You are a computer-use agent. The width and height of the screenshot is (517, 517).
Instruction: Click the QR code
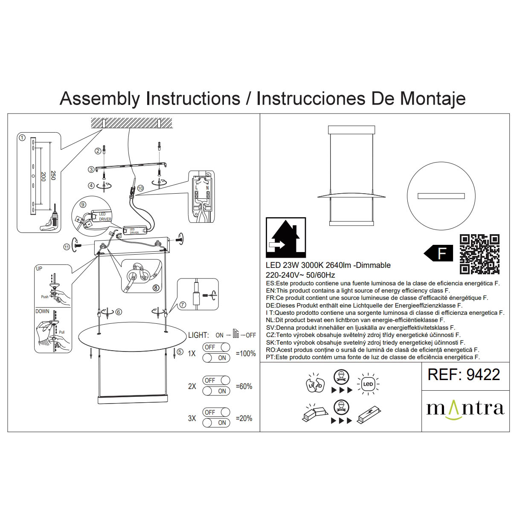point(479,254)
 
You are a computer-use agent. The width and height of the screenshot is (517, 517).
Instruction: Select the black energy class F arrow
point(438,254)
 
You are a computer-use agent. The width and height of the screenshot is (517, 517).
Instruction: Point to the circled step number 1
point(22,138)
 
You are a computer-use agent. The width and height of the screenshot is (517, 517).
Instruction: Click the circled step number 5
point(180,352)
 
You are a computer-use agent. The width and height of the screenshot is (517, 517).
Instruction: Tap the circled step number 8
point(156,288)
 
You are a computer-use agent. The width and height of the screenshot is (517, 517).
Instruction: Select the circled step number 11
point(66,247)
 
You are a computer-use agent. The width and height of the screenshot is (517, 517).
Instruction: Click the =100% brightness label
point(246,354)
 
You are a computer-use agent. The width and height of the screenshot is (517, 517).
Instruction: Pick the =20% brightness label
point(244,418)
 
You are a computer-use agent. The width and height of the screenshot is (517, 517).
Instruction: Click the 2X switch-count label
point(192,386)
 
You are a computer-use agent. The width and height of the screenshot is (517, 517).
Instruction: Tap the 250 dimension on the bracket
point(53,175)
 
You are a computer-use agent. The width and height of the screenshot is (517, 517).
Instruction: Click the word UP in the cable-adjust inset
point(39,269)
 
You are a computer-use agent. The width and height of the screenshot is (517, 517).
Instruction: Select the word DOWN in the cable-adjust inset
point(42,311)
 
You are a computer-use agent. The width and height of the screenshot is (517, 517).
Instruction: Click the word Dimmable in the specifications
point(374,265)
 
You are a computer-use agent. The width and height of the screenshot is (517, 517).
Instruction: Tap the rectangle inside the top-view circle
point(441,196)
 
